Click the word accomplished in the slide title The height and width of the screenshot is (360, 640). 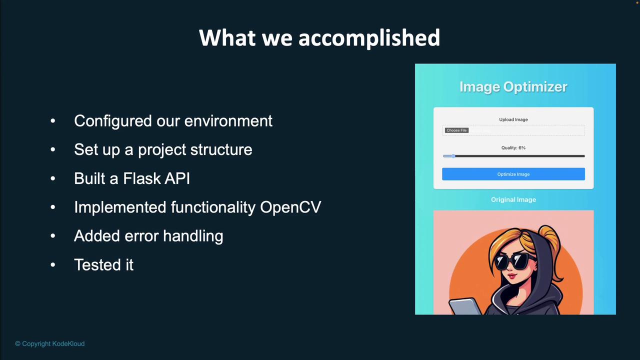click(369, 38)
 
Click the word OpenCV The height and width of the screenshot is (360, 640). click(290, 207)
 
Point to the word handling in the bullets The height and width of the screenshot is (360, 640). click(193, 236)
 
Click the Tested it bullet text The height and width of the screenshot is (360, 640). click(103, 264)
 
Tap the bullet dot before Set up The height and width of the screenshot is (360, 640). click(53, 149)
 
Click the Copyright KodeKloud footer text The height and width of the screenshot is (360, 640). click(49, 343)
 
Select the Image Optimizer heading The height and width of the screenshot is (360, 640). click(513, 87)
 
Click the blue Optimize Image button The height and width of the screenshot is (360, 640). click(513, 174)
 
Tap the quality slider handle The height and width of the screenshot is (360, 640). click(453, 156)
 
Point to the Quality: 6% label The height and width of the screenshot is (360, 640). click(513, 147)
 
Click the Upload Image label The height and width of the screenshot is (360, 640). click(513, 119)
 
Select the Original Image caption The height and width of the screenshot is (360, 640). click(513, 199)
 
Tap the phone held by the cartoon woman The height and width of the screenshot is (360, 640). click(464, 306)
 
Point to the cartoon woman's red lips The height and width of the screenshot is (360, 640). click(511, 276)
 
